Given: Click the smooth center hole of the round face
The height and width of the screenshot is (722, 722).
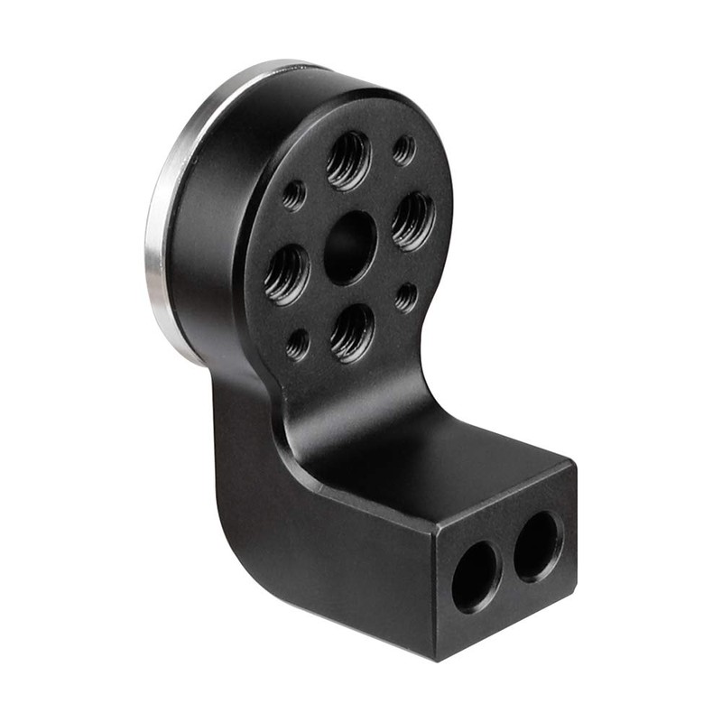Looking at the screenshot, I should point(349,248).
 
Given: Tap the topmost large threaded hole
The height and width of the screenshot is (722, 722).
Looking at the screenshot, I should point(348,162).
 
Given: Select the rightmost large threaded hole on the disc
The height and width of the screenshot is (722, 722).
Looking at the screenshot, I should point(412,221).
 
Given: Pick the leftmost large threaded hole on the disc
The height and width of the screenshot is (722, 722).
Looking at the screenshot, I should point(287,274).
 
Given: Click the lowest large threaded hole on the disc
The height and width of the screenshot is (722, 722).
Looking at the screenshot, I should point(352,333).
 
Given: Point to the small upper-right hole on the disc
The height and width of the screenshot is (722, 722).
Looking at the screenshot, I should point(403,150).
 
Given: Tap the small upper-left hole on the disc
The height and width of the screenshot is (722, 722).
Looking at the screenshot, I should point(293,195).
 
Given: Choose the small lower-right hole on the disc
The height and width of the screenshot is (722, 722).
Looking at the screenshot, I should point(406,297).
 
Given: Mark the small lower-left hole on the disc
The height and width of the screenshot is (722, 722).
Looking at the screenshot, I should point(297,344).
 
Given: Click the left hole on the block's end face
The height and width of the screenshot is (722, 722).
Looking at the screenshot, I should point(476,577).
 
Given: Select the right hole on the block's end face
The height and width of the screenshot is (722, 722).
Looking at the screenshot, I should point(539,546).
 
